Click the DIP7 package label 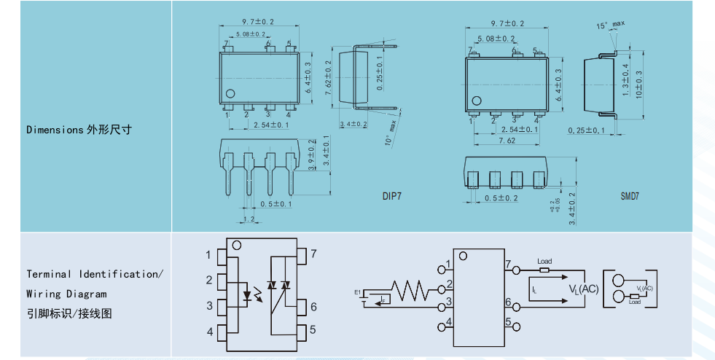(x=392, y=196)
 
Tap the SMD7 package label (x=630, y=196)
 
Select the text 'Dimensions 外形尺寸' (x=79, y=130)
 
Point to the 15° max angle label (x=611, y=26)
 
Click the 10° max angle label (x=391, y=135)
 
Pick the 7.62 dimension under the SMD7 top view (x=507, y=141)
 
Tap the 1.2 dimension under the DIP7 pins (x=249, y=219)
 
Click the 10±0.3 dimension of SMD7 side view (x=638, y=85)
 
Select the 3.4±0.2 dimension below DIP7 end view (x=353, y=124)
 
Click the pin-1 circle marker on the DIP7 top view (x=230, y=93)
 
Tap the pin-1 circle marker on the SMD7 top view (x=477, y=101)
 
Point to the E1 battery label (x=358, y=292)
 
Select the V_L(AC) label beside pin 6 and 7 (x=583, y=289)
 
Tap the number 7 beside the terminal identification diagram (x=313, y=254)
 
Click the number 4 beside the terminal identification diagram (x=210, y=332)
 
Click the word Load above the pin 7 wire (x=544, y=261)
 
